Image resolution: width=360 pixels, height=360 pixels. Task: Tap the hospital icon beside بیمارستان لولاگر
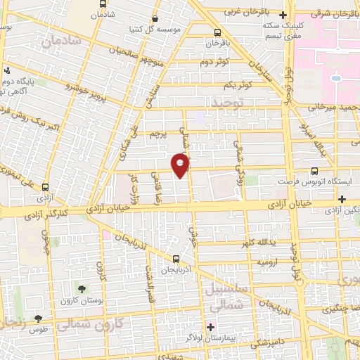pos(210,326)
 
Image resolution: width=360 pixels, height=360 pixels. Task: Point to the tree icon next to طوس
pos(49,319)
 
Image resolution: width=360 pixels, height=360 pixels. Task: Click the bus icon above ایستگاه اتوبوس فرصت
pos(314,170)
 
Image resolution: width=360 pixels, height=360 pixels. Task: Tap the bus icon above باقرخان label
pos(217,32)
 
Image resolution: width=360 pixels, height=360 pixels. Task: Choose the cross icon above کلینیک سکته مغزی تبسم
pos(283,15)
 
